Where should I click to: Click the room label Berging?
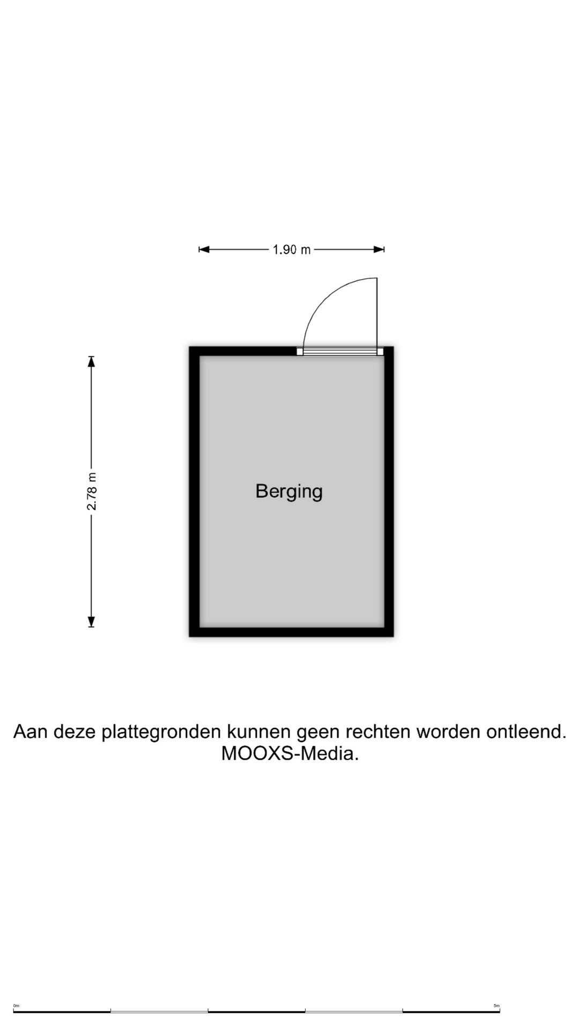[x=289, y=491]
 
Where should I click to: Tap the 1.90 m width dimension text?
[x=292, y=249]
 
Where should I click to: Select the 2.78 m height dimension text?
[x=92, y=491]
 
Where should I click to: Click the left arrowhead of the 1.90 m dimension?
[x=204, y=249]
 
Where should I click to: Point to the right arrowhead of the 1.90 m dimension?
[x=379, y=249]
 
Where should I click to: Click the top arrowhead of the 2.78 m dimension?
[x=92, y=361]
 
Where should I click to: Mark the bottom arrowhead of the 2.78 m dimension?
[x=92, y=622]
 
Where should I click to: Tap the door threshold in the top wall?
[x=340, y=351]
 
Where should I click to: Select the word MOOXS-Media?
[x=290, y=754]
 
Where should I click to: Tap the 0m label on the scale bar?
[x=16, y=1005]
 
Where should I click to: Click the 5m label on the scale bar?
[x=496, y=1005]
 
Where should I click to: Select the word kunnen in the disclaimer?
[x=259, y=731]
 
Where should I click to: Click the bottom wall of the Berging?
[x=292, y=632]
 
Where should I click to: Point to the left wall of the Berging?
[x=195, y=491]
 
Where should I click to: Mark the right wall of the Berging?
[x=389, y=491]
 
